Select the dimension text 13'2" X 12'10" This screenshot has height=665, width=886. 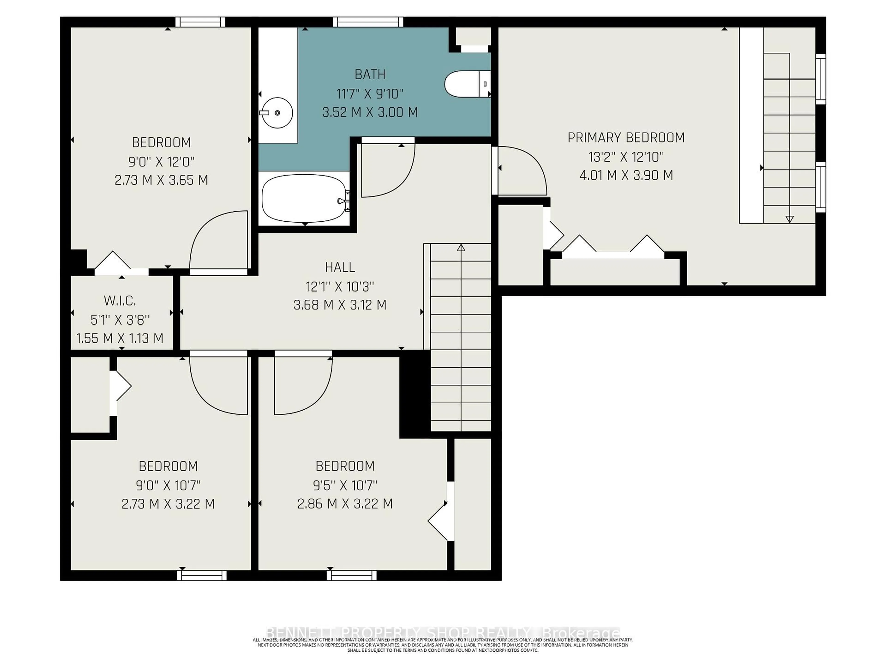(x=626, y=157)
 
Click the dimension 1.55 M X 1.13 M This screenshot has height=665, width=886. (x=120, y=338)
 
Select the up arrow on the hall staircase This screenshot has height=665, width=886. (x=461, y=248)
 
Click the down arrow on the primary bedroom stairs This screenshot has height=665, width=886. (x=790, y=219)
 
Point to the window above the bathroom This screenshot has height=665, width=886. (x=368, y=22)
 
